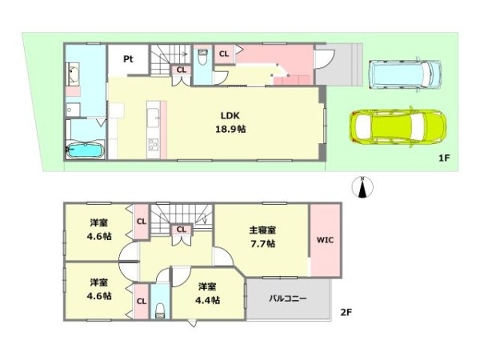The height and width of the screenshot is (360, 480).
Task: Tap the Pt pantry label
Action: coord(127,59)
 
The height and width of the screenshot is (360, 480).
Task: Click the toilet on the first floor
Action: coord(202,56)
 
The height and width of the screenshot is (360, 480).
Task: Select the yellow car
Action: coord(398,126)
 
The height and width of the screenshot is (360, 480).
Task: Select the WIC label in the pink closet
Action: coord(324,238)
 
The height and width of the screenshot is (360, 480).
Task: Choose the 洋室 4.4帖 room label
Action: coord(208,293)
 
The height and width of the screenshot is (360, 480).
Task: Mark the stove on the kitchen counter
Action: coord(153,144)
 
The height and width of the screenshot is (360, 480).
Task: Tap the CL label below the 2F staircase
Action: coord(182,230)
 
